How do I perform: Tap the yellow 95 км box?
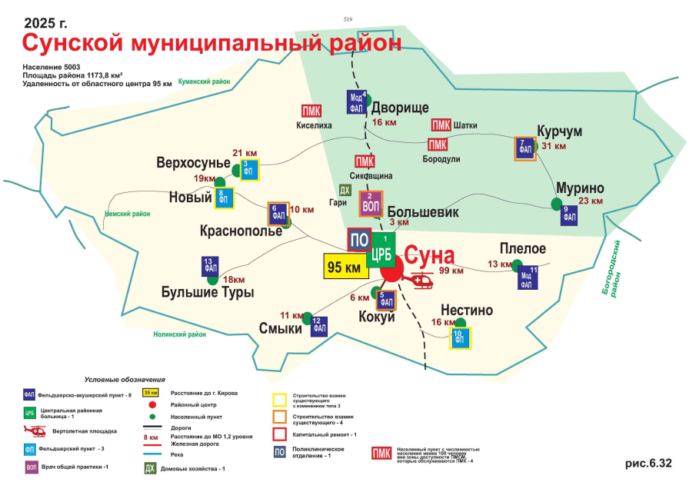(344, 268)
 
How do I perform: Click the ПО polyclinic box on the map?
(359, 240)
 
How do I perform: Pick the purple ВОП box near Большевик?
(371, 203)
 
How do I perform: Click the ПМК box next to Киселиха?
(311, 110)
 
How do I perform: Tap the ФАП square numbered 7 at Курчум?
(525, 148)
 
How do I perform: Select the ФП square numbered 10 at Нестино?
(460, 338)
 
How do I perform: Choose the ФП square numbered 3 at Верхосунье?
(248, 170)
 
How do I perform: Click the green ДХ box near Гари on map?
(345, 190)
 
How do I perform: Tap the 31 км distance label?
(553, 146)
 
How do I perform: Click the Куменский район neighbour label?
(204, 81)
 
